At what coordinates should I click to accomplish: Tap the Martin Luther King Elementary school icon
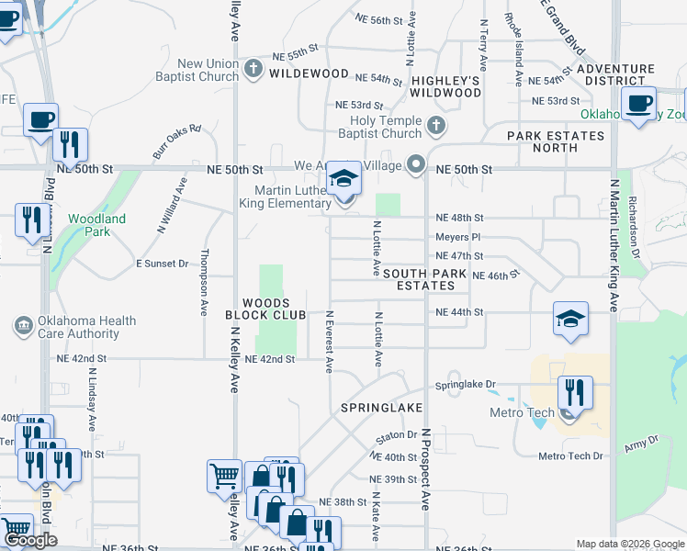coord(344,178)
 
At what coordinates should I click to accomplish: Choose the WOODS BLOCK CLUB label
coord(266,309)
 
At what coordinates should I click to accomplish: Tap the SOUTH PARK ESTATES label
coord(424,280)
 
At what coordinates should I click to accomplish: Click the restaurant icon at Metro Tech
coord(575,392)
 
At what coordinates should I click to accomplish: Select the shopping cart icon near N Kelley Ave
coord(224,476)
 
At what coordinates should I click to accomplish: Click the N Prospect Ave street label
coord(426,468)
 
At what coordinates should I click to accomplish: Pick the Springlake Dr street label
coord(465,385)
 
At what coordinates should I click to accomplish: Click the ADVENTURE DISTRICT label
coord(616,75)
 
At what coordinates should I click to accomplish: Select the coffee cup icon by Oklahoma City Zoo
coord(639,103)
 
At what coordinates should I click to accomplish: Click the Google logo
coord(31,541)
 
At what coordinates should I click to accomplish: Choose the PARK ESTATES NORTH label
coord(556,141)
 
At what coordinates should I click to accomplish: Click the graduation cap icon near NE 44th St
coord(569,319)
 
